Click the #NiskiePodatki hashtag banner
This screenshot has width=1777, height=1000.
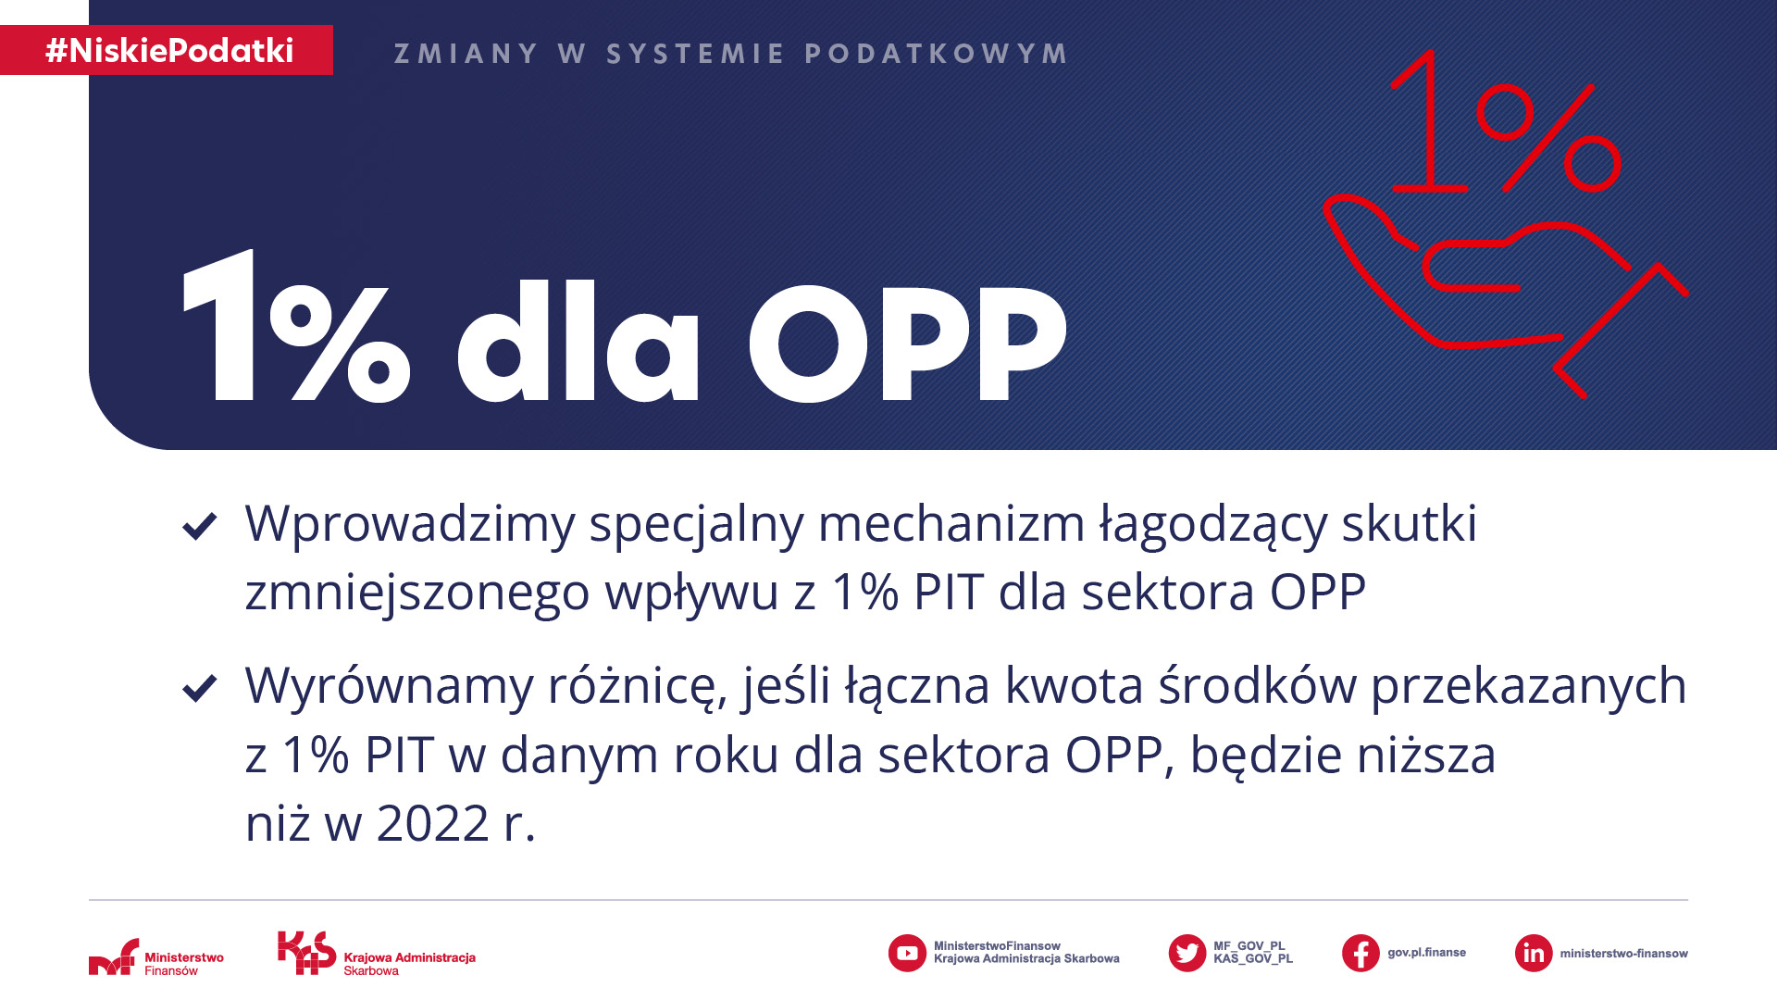click(x=167, y=50)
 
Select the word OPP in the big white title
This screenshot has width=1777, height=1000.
click(x=908, y=344)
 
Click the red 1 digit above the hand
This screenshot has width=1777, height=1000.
click(x=1427, y=120)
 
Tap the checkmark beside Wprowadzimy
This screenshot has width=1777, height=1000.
click(x=200, y=526)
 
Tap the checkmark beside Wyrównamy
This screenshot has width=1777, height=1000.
click(x=200, y=688)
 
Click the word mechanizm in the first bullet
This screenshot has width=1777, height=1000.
click(x=951, y=523)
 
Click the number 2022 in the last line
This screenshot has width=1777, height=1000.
click(x=432, y=823)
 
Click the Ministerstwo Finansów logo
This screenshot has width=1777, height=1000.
click(x=156, y=957)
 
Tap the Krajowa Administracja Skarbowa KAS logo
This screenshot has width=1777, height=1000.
click(x=377, y=953)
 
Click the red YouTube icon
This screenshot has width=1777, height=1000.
click(x=907, y=953)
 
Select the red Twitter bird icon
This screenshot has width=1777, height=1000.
click(x=1187, y=953)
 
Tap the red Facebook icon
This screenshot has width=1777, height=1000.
click(x=1361, y=953)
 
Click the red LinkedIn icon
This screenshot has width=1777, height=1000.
click(x=1534, y=953)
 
